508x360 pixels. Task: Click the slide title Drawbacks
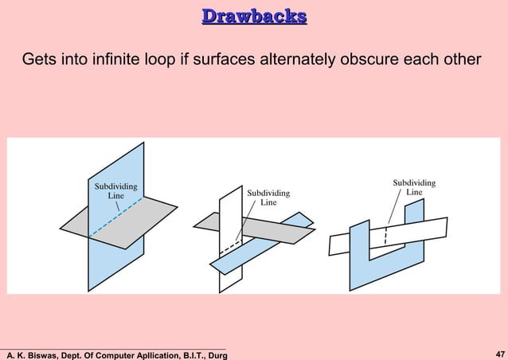254,17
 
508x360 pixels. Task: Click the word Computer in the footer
115,354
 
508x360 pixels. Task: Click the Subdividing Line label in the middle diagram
268,198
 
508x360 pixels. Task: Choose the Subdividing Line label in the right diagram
414,187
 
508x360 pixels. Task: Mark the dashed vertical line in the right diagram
386,239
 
